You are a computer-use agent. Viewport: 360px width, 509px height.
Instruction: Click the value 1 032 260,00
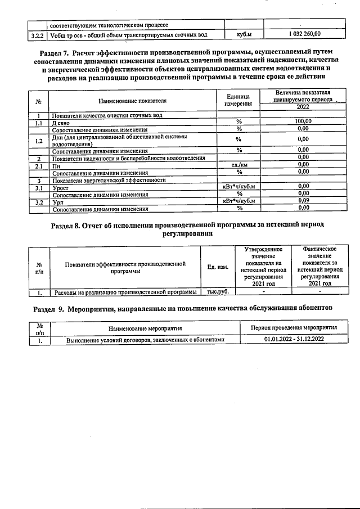[304, 35]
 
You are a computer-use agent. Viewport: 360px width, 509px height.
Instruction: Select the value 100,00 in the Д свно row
[303, 121]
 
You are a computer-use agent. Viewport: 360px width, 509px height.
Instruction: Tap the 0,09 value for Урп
[303, 200]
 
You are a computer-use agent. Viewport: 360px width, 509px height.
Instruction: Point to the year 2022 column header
[303, 107]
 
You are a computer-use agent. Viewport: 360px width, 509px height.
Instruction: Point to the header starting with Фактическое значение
[319, 266]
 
